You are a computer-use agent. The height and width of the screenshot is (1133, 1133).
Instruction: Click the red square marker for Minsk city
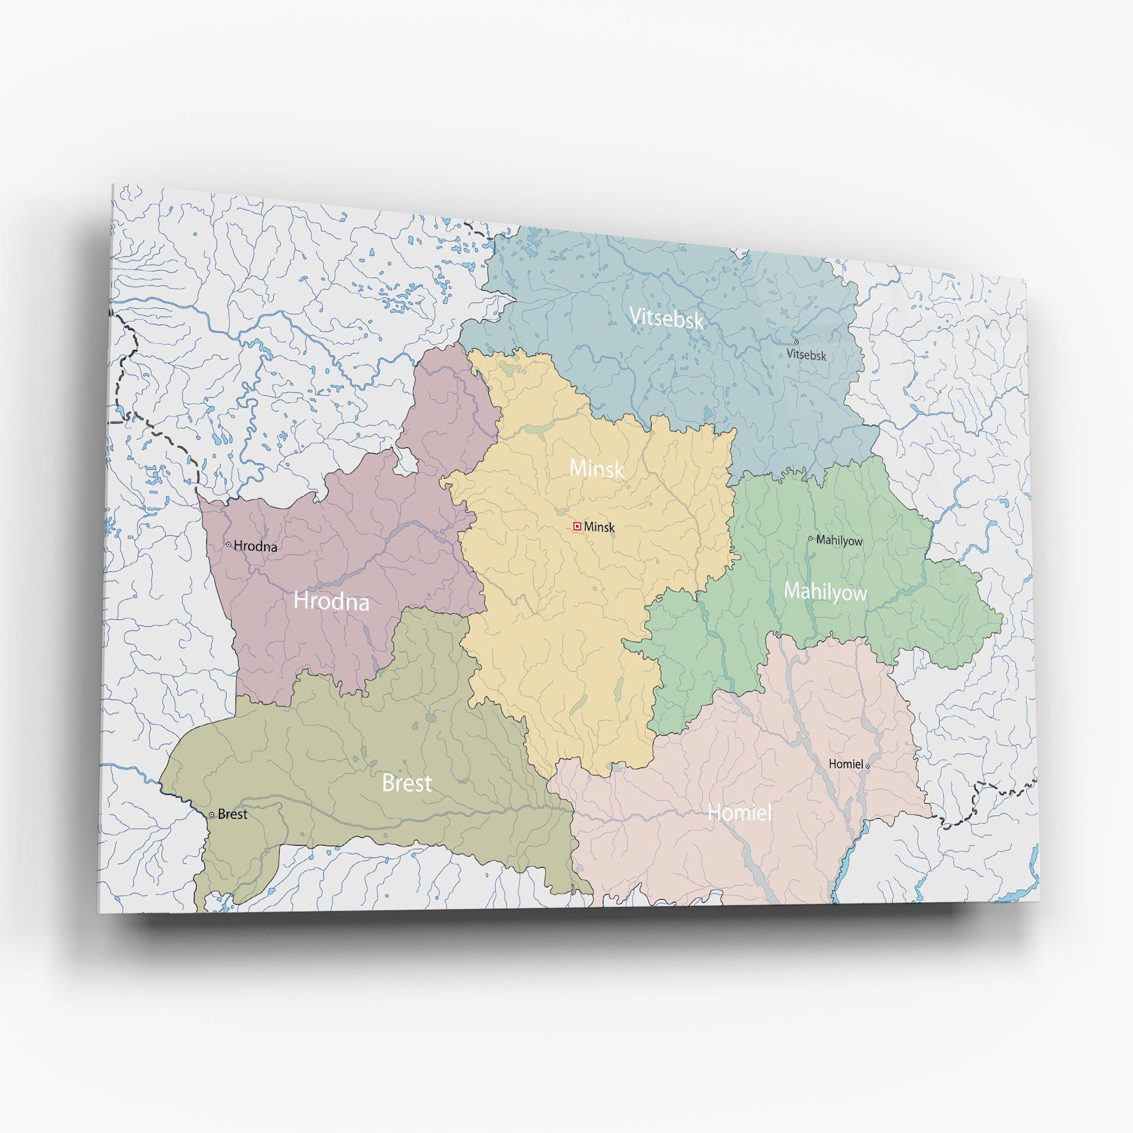(x=577, y=526)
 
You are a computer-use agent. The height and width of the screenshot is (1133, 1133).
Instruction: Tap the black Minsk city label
(x=599, y=527)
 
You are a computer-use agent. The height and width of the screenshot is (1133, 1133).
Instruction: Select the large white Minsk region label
(x=596, y=469)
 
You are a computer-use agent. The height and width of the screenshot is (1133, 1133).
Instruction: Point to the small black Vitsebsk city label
(x=806, y=355)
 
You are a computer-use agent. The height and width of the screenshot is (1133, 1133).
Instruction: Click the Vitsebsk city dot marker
(x=796, y=342)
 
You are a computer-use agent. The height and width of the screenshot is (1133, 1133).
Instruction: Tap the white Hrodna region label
(x=331, y=601)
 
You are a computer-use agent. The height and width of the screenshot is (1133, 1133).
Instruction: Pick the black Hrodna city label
(x=255, y=546)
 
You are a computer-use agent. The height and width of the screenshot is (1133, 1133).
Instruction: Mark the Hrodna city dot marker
(x=228, y=544)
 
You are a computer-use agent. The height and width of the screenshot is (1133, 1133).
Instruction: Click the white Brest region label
(x=407, y=783)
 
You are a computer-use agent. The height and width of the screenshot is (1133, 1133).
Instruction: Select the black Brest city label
(x=233, y=815)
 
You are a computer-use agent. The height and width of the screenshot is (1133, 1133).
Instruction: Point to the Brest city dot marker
(x=212, y=815)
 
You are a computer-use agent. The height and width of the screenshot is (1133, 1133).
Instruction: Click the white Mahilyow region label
(x=825, y=592)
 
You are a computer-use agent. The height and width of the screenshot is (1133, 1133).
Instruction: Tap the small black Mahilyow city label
(x=839, y=541)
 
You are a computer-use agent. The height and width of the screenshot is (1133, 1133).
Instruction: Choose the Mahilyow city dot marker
(x=810, y=538)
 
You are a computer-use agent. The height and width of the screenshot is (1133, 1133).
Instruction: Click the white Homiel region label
(x=739, y=812)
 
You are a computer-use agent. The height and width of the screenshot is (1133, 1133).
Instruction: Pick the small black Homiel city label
(x=846, y=764)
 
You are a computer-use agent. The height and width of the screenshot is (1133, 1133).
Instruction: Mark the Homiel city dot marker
(x=868, y=766)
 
